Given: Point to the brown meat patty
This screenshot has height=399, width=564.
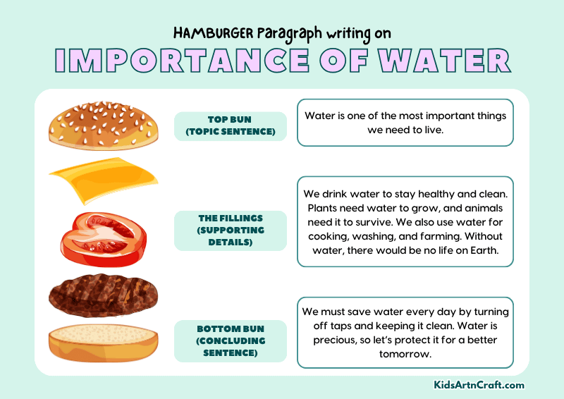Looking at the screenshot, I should pyautogui.click(x=102, y=295).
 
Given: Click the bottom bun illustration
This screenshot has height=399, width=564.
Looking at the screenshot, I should pyautogui.click(x=103, y=343).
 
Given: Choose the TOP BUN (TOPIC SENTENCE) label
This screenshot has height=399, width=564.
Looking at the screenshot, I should pyautogui.click(x=231, y=126).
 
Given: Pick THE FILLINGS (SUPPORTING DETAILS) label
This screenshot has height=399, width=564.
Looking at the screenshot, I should pyautogui.click(x=231, y=231).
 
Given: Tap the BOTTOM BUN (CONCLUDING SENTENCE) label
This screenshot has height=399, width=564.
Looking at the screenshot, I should pyautogui.click(x=231, y=340).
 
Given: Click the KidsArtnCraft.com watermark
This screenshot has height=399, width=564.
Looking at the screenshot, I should pyautogui.click(x=479, y=385).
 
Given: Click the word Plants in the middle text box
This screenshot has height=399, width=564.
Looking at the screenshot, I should pyautogui.click(x=323, y=207).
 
